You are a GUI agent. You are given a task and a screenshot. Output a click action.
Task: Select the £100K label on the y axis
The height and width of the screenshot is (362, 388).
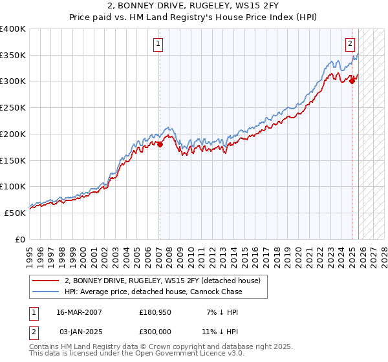pos(13,186)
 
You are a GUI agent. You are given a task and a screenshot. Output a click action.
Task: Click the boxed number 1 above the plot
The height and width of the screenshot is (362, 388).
pos(158,44)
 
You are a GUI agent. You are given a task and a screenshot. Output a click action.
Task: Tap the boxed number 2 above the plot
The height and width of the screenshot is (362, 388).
pos(350,44)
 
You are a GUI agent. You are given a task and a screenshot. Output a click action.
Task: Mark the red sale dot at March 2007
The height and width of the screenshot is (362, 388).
pos(160,144)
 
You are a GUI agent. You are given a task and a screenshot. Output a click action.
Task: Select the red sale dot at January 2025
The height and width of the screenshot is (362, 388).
pos(352,81)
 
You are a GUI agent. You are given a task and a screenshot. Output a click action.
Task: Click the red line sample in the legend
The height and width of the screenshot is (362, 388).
pos(45,281)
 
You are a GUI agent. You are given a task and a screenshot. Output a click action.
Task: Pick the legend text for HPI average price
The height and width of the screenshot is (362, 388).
pos(153,292)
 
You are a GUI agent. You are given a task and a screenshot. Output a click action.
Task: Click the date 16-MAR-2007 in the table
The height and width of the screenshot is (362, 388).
pos(79,312)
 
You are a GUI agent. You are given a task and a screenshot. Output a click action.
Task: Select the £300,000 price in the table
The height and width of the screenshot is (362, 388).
pos(156,330)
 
